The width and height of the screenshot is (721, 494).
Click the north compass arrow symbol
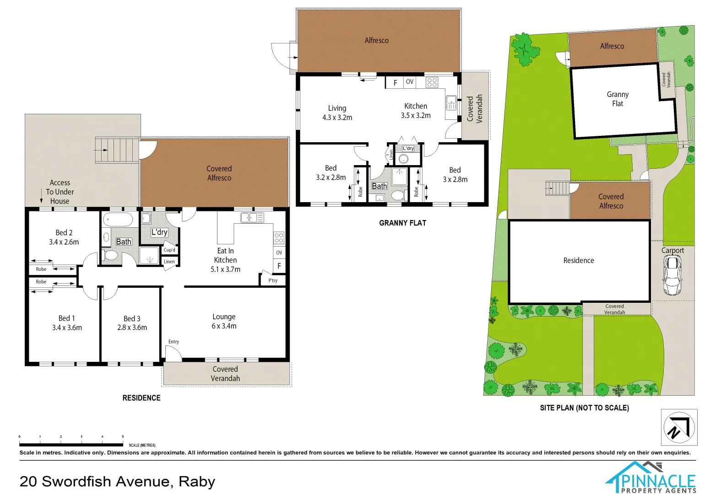[x=679, y=427]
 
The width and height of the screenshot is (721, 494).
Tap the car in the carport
[x=672, y=275]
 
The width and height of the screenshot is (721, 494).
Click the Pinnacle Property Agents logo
[x=651, y=478]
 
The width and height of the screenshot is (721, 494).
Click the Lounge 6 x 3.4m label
[x=224, y=321]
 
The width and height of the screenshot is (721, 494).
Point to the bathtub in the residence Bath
[x=118, y=220]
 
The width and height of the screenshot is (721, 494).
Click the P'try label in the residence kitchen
[x=273, y=280]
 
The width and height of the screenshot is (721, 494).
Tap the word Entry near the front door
[x=173, y=342]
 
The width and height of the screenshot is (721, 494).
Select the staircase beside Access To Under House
[x=116, y=150]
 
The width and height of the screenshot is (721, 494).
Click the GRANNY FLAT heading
[x=402, y=223]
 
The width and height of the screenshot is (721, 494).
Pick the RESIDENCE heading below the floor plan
[x=141, y=398]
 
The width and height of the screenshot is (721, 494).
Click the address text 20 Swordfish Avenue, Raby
[x=117, y=481]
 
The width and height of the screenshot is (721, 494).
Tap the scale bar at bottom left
[x=71, y=444]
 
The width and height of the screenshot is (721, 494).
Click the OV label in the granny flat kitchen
[x=409, y=82]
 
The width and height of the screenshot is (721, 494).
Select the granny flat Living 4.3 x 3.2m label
[x=337, y=113]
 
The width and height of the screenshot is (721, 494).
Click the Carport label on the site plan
[x=672, y=250]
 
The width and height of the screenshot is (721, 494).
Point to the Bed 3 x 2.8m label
[x=455, y=174]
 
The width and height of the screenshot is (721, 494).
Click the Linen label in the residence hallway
[x=169, y=262]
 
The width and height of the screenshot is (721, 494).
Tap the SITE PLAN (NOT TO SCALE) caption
[x=584, y=408]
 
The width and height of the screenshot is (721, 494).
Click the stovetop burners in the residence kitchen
[x=279, y=237]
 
